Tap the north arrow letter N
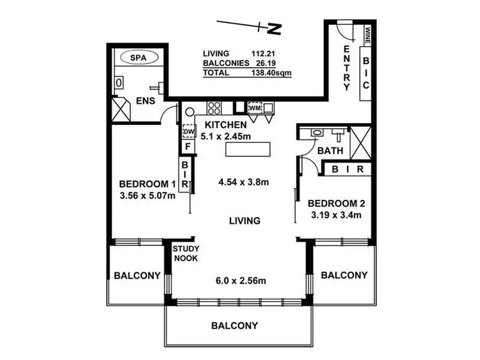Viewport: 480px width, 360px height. click(x=275, y=29)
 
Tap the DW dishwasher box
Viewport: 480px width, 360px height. click(x=188, y=131)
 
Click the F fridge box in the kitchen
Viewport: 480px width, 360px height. click(x=188, y=147)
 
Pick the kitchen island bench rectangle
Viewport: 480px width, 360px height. click(x=248, y=150)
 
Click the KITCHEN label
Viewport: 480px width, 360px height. click(x=225, y=124)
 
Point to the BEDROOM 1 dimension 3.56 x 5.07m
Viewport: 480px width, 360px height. click(x=147, y=196)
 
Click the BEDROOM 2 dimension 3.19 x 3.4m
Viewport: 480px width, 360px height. click(x=336, y=215)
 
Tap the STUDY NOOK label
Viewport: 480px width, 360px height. click(x=186, y=254)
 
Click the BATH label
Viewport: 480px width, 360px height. click(x=331, y=151)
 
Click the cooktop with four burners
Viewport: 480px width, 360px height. click(x=214, y=107)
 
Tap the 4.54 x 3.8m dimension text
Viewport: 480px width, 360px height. click(x=244, y=182)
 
